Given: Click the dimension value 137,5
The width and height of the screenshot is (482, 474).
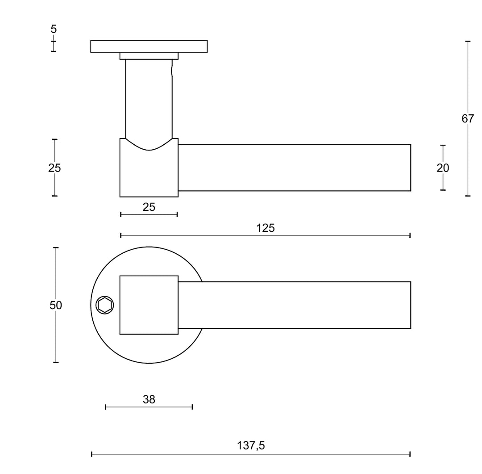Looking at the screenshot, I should click(x=251, y=445).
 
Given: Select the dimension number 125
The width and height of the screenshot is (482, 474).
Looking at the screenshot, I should click(x=266, y=228).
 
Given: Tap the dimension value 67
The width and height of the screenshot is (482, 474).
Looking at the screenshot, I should click(x=468, y=119).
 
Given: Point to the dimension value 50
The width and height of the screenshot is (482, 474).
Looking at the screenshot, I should click(x=56, y=305).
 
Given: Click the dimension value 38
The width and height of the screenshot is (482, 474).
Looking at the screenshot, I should click(x=149, y=399).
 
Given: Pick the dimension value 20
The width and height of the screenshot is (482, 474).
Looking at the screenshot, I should click(x=443, y=168).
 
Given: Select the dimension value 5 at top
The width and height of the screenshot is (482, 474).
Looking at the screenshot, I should click(x=54, y=29).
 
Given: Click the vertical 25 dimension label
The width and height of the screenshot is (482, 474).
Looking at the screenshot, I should click(x=54, y=168).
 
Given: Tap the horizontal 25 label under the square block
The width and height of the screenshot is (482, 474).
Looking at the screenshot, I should click(x=149, y=207).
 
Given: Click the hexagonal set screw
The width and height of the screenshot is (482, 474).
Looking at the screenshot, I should click(x=105, y=306).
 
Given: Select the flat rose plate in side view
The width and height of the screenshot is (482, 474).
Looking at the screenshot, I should click(x=149, y=46).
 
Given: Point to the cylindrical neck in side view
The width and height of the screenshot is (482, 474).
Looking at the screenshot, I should click(x=149, y=98).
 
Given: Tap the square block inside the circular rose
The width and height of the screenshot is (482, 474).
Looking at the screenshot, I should click(x=149, y=305).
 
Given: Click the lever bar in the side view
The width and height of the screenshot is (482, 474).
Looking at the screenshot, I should click(x=295, y=168).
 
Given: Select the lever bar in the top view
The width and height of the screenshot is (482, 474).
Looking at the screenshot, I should click(x=295, y=305).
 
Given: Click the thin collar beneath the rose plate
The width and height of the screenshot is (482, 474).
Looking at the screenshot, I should click(x=149, y=56).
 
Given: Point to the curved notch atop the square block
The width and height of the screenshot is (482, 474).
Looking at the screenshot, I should click(x=149, y=145).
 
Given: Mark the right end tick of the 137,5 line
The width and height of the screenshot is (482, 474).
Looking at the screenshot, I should click(x=410, y=454).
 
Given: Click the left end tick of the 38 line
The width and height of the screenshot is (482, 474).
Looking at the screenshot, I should click(x=106, y=407).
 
